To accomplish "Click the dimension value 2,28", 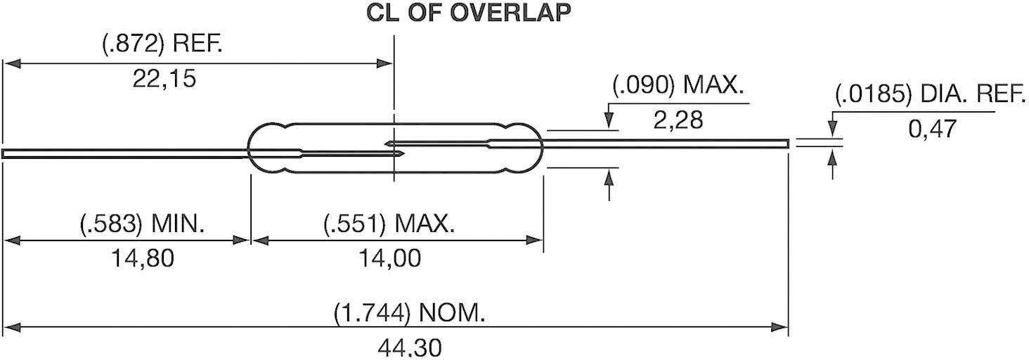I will pos(678,120).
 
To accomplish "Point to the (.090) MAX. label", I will pos(678,87).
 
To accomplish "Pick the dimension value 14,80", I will pos(142,259).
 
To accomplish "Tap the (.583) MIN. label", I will pos(142,225).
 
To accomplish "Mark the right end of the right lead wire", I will pos(787,143).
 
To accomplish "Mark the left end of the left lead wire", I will pos(5,153).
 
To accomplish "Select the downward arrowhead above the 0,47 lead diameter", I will pos(833,131).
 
